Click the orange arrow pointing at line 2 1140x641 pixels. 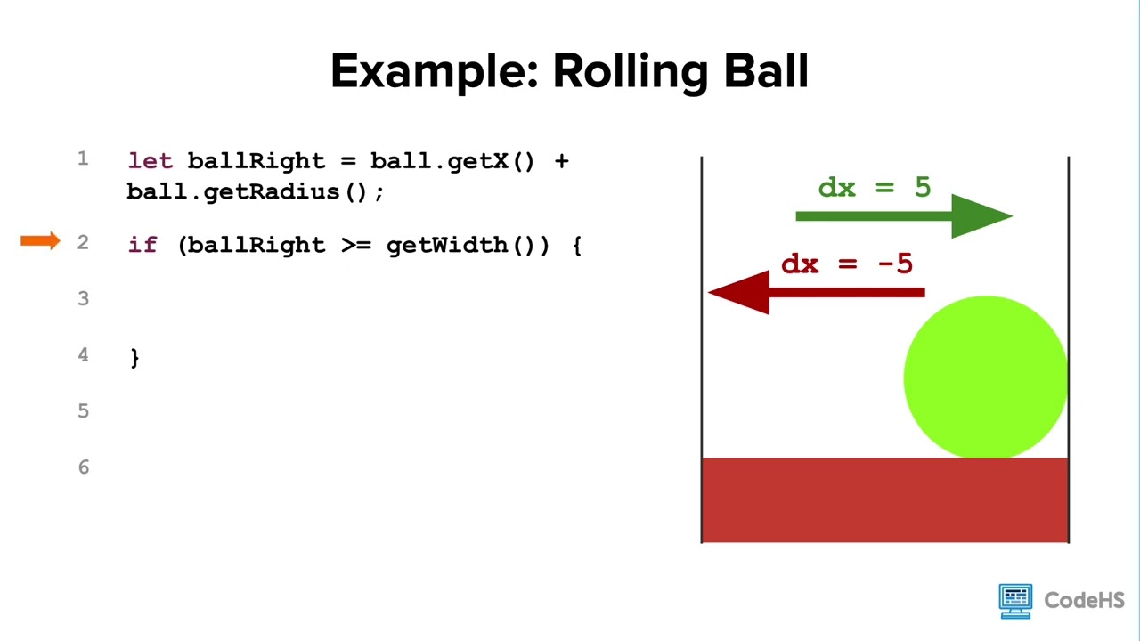coord(40,240)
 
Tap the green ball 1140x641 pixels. coord(986,377)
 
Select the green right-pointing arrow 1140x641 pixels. coord(904,216)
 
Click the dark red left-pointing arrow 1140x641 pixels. coord(817,293)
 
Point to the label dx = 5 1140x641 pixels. coord(875,187)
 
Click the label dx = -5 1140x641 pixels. coord(847,264)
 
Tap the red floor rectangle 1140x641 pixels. coord(885,500)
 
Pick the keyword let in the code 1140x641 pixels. coord(151,161)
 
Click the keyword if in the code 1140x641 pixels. coord(142,245)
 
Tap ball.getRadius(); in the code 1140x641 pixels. coord(255,192)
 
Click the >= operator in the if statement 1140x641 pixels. coord(356,245)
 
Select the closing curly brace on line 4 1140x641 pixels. coord(134,358)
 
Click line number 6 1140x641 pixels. coord(84,467)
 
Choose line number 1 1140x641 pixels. coord(83,158)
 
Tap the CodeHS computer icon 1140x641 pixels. coord(1015,601)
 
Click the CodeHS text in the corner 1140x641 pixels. coord(1084,601)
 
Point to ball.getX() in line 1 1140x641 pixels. coord(452,162)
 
